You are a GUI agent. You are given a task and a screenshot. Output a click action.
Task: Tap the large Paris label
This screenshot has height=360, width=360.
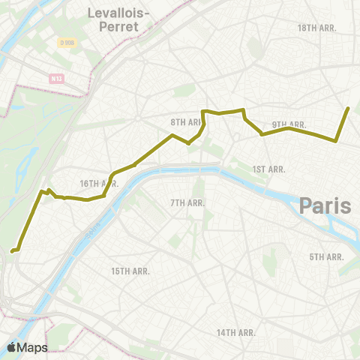325,205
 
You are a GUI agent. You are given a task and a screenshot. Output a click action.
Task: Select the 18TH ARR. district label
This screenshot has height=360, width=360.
316,28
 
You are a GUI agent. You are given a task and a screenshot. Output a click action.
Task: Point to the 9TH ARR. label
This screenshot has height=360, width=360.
289,124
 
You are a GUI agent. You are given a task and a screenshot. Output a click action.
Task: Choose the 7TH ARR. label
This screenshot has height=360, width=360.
187,203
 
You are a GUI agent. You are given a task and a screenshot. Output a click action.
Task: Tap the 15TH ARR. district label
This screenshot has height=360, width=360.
130,271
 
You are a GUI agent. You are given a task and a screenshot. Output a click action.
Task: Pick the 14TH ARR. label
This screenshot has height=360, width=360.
236,332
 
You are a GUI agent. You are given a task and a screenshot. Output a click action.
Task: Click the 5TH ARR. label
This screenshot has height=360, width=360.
327,257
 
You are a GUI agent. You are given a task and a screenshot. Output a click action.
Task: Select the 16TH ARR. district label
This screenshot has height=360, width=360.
99,184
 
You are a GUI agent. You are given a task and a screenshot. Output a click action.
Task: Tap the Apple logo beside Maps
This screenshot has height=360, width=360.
12,346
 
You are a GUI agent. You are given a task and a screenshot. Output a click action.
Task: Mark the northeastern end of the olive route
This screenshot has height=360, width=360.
349,108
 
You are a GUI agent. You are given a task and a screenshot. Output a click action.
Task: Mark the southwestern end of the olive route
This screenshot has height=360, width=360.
13,251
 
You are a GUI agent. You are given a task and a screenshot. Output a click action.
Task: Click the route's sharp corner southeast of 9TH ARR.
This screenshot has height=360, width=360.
335,140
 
